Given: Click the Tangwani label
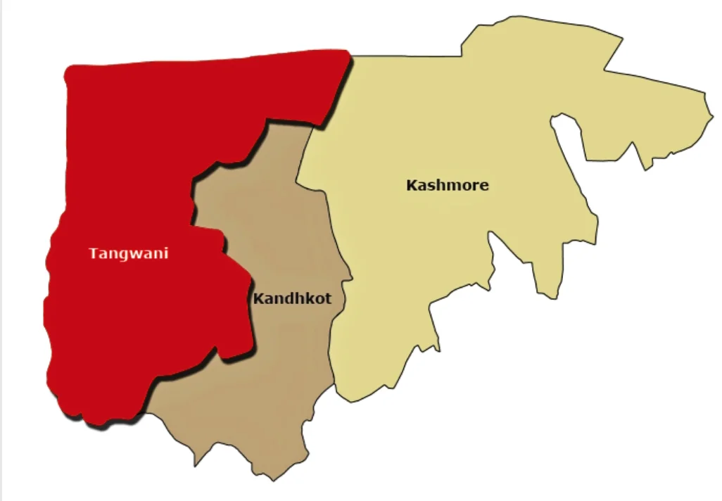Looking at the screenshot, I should pyautogui.click(x=129, y=253).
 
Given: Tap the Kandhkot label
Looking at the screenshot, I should pyautogui.click(x=292, y=298).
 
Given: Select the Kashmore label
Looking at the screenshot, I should pyautogui.click(x=448, y=186).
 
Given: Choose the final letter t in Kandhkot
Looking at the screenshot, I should pyautogui.click(x=328, y=299).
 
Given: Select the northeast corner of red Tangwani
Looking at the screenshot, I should pyautogui.click(x=348, y=53).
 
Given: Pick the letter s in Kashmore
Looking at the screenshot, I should pyautogui.click(x=431, y=186).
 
